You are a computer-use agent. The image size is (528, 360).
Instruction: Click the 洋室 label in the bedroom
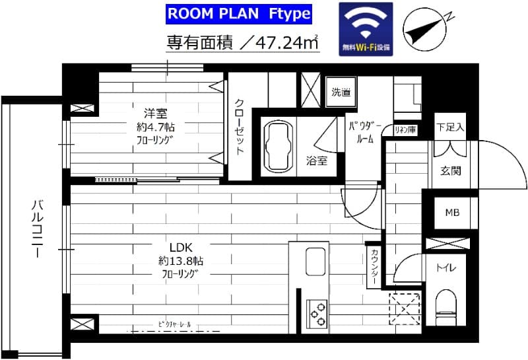151,110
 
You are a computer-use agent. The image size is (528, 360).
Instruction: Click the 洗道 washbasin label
341,92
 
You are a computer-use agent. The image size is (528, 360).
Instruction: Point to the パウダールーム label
362,132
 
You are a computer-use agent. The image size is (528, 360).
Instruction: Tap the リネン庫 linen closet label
405,130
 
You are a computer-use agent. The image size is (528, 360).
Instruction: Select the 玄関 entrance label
451,170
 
